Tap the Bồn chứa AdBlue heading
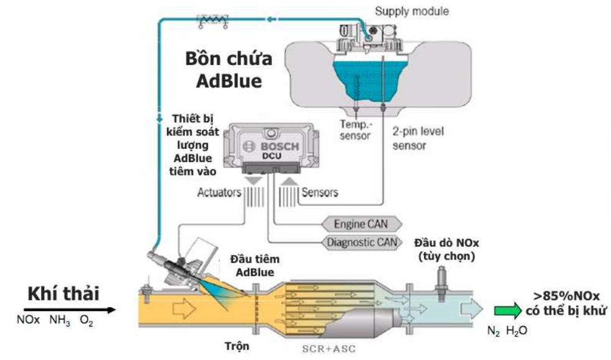229,70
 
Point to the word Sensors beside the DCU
320,192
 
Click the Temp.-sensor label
355,130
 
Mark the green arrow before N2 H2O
507,310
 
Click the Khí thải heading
63,294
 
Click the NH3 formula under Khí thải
60,322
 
